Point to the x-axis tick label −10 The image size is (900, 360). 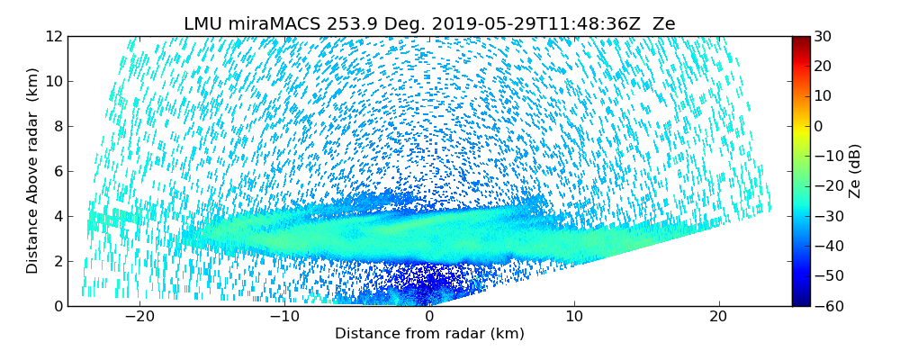click(283, 317)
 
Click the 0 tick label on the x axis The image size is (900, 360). click(429, 317)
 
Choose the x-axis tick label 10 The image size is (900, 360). click(574, 317)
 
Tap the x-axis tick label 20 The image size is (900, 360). click(719, 317)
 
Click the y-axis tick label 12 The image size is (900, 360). click(54, 37)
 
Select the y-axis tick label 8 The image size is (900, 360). click(58, 127)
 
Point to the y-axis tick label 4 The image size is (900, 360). click(58, 216)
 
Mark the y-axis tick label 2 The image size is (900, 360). click(58, 261)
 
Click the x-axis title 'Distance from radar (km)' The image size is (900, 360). click(429, 334)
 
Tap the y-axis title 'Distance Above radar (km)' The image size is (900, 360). click(32, 171)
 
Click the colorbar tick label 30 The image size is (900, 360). click(823, 37)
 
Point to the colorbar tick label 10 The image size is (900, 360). click(823, 96)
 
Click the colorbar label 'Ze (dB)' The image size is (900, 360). click(855, 171)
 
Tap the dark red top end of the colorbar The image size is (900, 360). click(800, 40)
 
